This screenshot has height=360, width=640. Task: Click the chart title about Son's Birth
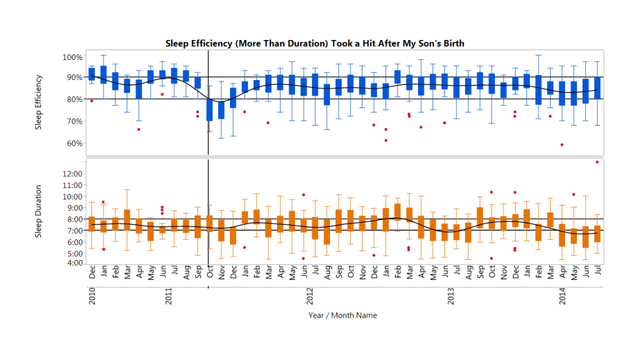point(314,43)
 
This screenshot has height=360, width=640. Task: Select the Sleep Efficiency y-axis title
point(39,102)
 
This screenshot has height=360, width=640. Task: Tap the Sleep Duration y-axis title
point(39,211)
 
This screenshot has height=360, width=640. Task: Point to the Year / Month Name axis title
point(342,315)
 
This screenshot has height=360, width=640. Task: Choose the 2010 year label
point(92,296)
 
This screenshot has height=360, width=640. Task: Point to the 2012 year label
point(310,296)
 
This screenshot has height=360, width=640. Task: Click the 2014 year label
point(562,296)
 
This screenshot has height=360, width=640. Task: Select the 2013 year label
point(451,296)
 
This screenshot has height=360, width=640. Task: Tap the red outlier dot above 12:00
point(597,162)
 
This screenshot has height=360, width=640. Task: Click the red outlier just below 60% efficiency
point(562,145)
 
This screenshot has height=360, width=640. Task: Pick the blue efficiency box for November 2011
point(221,109)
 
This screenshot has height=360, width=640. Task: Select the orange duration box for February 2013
point(397,211)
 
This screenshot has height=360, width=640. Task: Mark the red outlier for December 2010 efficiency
point(92,101)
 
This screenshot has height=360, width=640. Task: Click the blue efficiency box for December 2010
point(92,74)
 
